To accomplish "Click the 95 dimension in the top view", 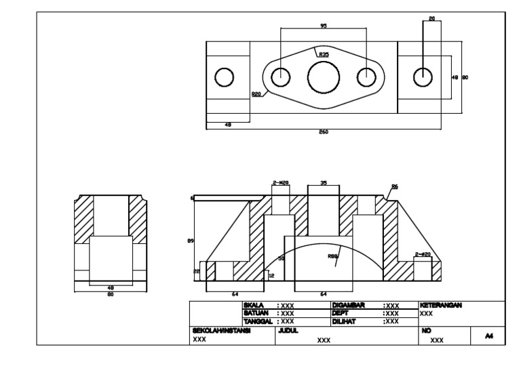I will click(324, 26).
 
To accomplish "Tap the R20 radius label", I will click(256, 95).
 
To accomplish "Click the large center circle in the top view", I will click(324, 77).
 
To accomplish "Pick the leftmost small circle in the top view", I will click(224, 77).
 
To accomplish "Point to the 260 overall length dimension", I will click(324, 131).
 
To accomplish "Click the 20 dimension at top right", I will click(432, 18).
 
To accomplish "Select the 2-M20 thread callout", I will click(280, 183).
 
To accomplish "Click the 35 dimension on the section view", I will click(324, 183).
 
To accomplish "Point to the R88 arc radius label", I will click(332, 257).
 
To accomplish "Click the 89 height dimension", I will click(191, 240).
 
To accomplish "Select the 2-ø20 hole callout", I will click(423, 255).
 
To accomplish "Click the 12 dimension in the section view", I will click(271, 276).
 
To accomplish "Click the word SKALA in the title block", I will click(252, 306).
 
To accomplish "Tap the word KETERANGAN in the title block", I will click(441, 306).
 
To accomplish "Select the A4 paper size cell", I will click(488, 334).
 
